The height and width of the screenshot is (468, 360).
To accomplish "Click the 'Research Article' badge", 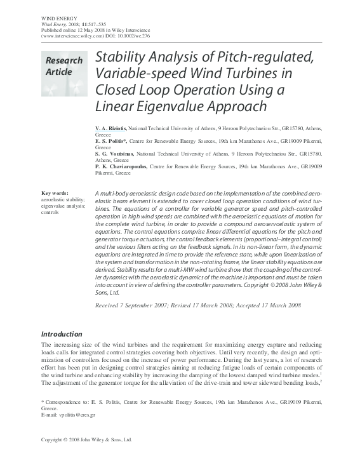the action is click(x=63, y=67).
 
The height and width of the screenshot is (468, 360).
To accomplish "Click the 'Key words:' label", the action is click(x=55, y=193).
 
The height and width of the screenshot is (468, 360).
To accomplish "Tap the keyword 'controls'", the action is click(x=51, y=212).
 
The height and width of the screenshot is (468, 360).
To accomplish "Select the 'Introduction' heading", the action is click(x=62, y=334).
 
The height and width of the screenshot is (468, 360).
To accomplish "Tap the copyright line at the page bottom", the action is click(x=86, y=457).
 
